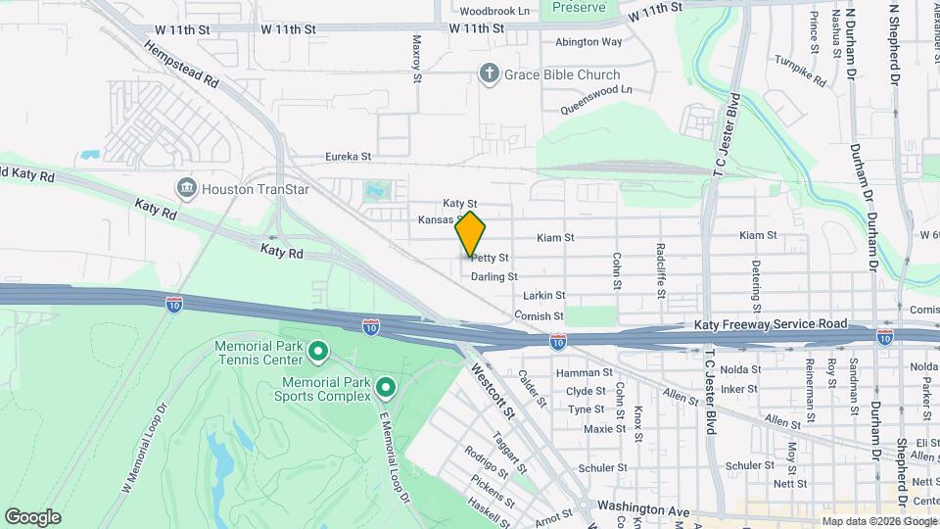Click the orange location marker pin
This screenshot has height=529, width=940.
[x=471, y=234]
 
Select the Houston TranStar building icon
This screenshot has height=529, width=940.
[x=186, y=188]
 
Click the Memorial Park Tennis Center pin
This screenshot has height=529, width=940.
[x=318, y=350]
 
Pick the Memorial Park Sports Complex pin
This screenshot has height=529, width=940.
[x=386, y=389]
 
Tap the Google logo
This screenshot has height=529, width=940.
[x=32, y=516]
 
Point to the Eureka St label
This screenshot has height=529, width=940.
[x=349, y=156]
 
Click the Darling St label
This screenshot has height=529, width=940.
[x=493, y=276]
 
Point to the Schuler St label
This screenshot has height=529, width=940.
[x=602, y=468]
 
